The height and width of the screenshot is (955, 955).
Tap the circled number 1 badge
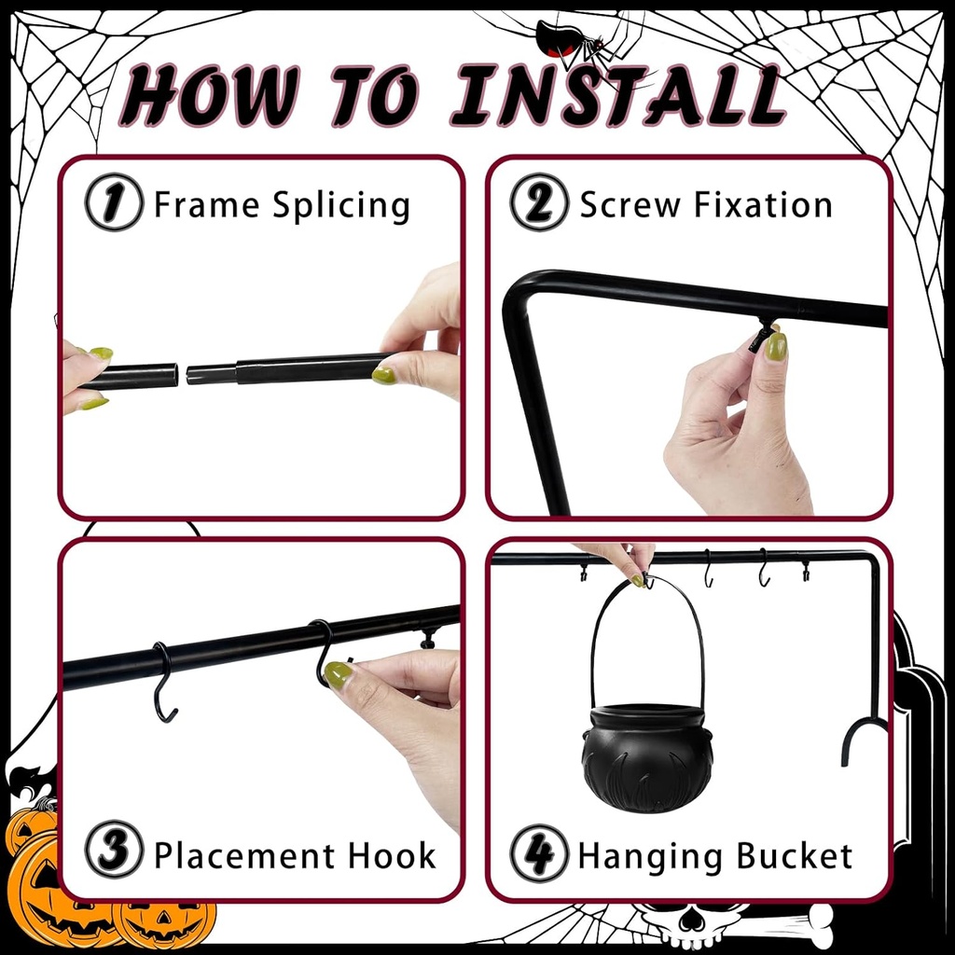(x=114, y=202)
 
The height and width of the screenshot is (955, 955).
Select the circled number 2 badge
(x=539, y=202)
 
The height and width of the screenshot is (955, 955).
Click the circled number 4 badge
(x=539, y=853)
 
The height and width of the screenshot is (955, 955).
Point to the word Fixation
(x=759, y=204)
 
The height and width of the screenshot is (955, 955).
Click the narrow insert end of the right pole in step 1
(x=211, y=375)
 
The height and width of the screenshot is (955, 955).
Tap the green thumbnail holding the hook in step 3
(x=339, y=674)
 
